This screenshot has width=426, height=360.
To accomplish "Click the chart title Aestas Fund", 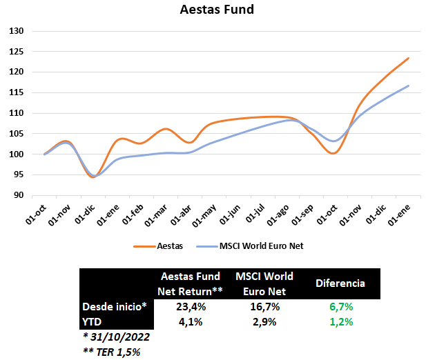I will point(216,10).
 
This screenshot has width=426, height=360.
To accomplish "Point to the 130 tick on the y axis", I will point(17,31).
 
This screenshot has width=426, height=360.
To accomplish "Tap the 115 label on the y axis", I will point(17,92).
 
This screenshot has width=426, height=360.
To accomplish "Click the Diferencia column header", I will point(340,283).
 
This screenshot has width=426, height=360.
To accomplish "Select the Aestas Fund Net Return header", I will point(190,283).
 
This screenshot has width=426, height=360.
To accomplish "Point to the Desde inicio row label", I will point(115,306).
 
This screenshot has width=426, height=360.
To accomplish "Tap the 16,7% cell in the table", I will point(264,306).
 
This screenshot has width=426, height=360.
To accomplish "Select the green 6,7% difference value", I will point(340,306).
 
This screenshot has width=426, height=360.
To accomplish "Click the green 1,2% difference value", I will point(340,321).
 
